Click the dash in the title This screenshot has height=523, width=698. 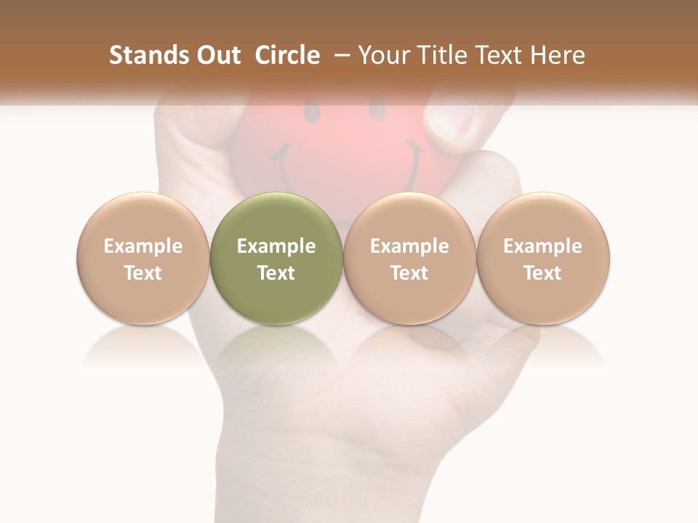[x=342, y=55]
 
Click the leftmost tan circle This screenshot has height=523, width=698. [x=143, y=258]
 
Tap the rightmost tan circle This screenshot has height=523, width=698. [x=542, y=258]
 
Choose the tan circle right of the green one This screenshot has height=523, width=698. [x=409, y=258]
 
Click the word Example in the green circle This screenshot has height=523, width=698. [x=276, y=246]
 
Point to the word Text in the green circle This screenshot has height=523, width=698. [x=276, y=273]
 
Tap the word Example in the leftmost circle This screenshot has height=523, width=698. [x=143, y=246]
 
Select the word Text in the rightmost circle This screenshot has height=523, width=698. [x=542, y=273]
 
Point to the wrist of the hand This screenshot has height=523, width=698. [x=284, y=472]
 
